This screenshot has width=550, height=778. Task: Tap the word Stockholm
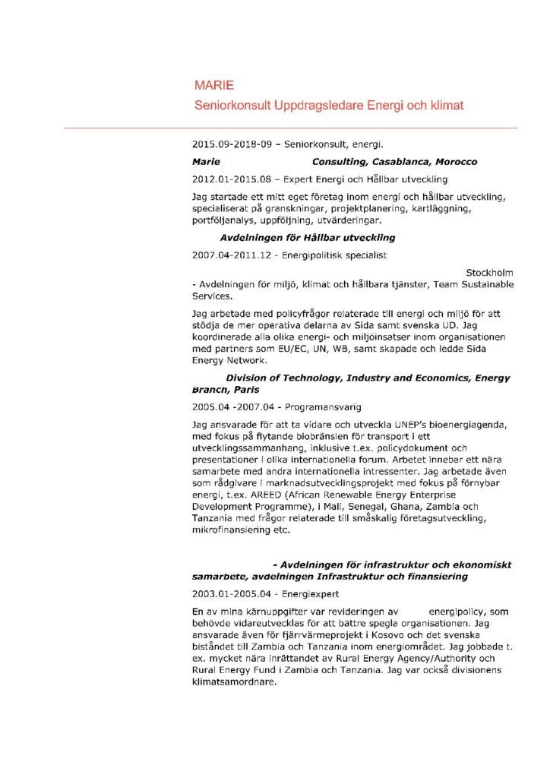point(489,272)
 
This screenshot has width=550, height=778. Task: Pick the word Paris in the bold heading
point(246,389)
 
